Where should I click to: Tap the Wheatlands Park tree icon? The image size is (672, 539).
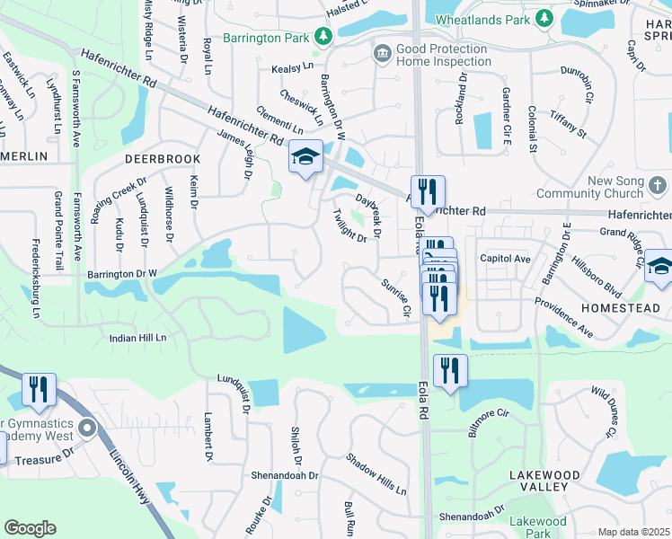point(544,18)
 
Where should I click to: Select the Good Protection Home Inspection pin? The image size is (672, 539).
point(382,55)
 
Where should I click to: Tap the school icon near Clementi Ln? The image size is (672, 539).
point(305,157)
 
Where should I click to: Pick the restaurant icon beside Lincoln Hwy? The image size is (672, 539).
point(40,390)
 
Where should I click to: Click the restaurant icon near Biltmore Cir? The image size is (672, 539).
point(449,370)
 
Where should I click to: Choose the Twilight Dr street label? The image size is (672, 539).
point(349,225)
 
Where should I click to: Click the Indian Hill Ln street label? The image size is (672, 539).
point(138,338)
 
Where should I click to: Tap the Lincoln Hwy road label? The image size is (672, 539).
point(128,477)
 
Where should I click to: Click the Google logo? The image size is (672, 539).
point(30,528)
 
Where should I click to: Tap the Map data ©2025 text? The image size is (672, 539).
point(633,532)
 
